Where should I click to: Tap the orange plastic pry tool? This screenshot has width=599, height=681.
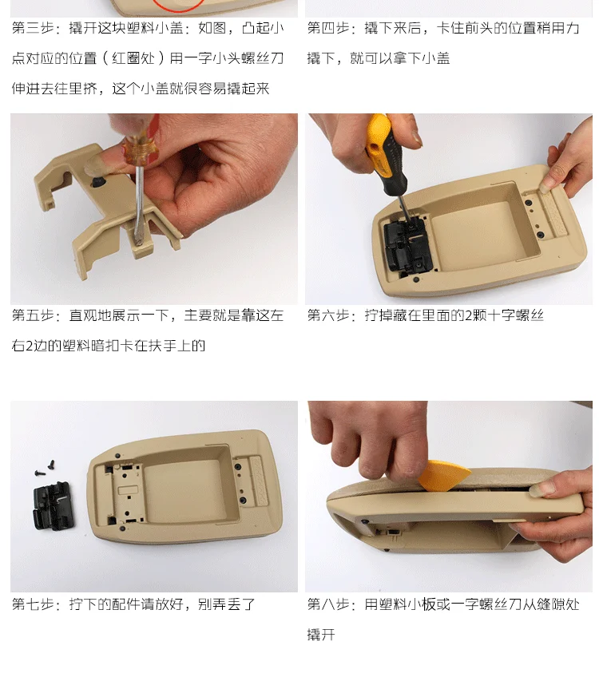pyautogui.click(x=443, y=476)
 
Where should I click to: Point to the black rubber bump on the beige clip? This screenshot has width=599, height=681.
pyautogui.click(x=98, y=181)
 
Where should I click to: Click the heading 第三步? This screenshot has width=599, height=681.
pyautogui.click(x=33, y=28)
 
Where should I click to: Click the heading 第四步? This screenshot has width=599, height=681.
pyautogui.click(x=328, y=28)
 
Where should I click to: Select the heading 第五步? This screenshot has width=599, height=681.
pyautogui.click(x=33, y=315)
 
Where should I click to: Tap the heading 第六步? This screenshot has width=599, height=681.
pyautogui.click(x=328, y=315)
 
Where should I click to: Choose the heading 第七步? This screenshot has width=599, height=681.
pyautogui.click(x=33, y=604)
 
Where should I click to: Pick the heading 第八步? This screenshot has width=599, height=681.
pyautogui.click(x=328, y=604)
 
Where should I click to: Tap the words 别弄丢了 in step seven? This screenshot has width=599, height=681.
pyautogui.click(x=226, y=604)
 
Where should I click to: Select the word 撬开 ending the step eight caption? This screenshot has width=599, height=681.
pyautogui.click(x=321, y=635)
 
